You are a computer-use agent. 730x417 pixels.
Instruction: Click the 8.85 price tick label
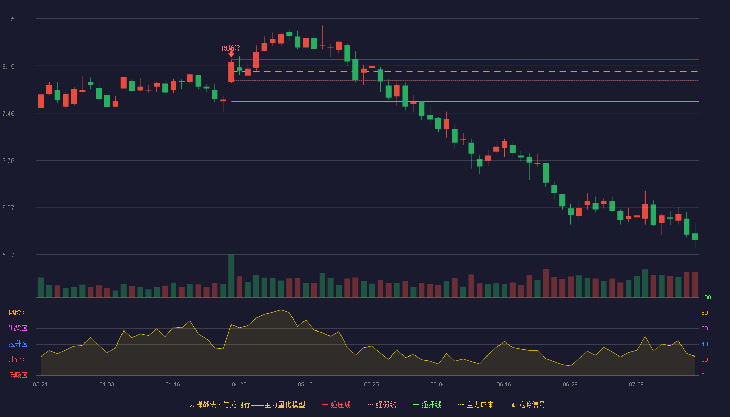pyautogui.click(x=8, y=19)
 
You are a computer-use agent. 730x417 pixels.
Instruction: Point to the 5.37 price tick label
pyautogui.click(x=8, y=255)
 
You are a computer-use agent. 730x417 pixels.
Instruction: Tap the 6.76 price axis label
pyautogui.click(x=8, y=161)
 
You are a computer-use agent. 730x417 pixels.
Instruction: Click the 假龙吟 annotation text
pyautogui.click(x=230, y=48)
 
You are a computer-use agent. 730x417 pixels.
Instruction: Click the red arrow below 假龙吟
pyautogui.click(x=231, y=54)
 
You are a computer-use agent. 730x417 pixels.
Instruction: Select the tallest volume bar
pyautogui.click(x=231, y=276)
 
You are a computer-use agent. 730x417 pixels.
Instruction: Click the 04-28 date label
pyautogui.click(x=239, y=385)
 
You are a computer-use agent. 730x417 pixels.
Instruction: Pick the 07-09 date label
pyautogui.click(x=636, y=385)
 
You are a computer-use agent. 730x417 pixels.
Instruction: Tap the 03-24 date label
pyautogui.click(x=41, y=385)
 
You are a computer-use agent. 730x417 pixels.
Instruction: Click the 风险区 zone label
pyautogui.click(x=18, y=313)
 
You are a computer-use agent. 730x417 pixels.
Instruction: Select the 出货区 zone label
pyautogui.click(x=18, y=328)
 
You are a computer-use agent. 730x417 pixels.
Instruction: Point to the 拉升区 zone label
pyautogui.click(x=18, y=344)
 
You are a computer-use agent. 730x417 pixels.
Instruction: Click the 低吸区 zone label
pyautogui.click(x=18, y=375)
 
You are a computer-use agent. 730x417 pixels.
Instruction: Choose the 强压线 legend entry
pyautogui.click(x=336, y=404)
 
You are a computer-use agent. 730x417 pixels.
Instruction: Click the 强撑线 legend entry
pyautogui.click(x=427, y=404)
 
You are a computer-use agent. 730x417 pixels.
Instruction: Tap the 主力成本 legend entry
pyautogui.click(x=476, y=404)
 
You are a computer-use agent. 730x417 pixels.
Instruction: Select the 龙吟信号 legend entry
pyautogui.click(x=528, y=404)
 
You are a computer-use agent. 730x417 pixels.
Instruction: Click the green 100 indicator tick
pyautogui.click(x=706, y=297)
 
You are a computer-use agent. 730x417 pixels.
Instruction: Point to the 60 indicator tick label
pyautogui.click(x=704, y=328)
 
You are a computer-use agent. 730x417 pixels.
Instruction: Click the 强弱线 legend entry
pyautogui.click(x=382, y=404)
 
